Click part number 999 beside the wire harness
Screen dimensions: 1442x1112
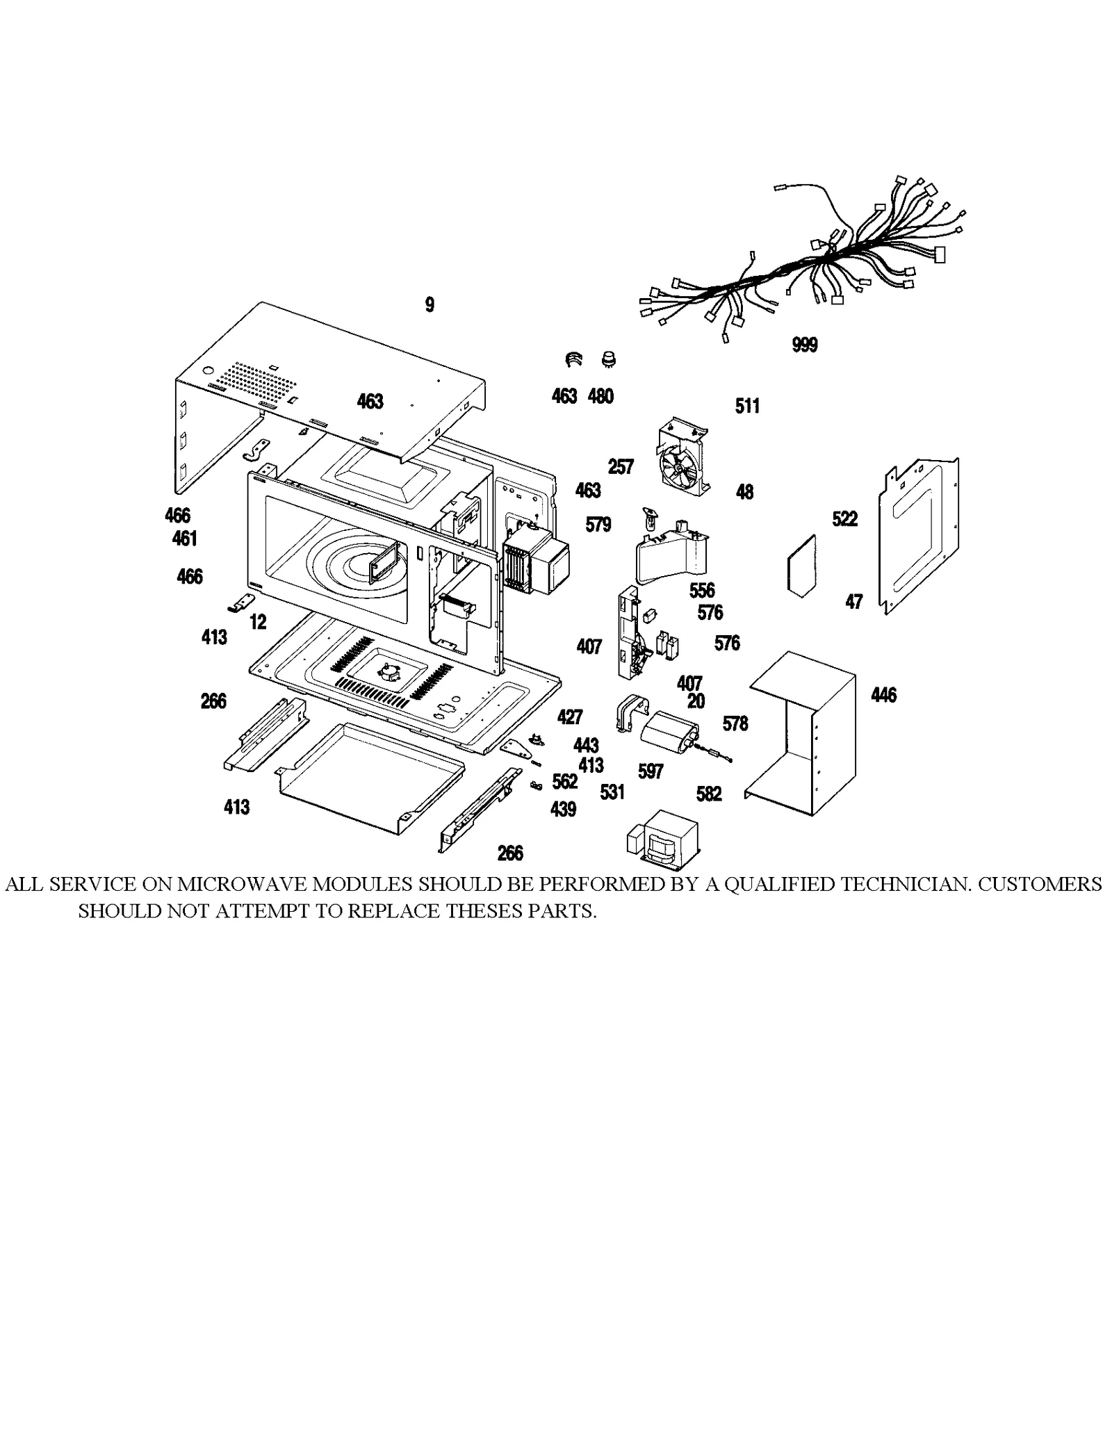[x=804, y=345]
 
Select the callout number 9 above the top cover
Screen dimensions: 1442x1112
[x=430, y=304]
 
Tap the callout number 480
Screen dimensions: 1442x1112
[x=600, y=396]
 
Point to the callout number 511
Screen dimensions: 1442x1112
[x=747, y=406]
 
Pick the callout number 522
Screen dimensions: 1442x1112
[x=844, y=519]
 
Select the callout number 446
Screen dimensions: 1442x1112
[x=883, y=695]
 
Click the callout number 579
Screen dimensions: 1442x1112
[x=598, y=525]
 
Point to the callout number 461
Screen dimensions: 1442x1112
[x=185, y=539]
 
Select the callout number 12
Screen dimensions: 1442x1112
[x=258, y=622]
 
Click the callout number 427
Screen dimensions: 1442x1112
[x=570, y=716]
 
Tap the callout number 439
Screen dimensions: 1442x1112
[x=563, y=809]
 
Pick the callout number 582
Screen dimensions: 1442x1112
[x=709, y=794]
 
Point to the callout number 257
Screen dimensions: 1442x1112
[x=621, y=467]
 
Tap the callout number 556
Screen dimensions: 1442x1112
[x=702, y=591]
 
